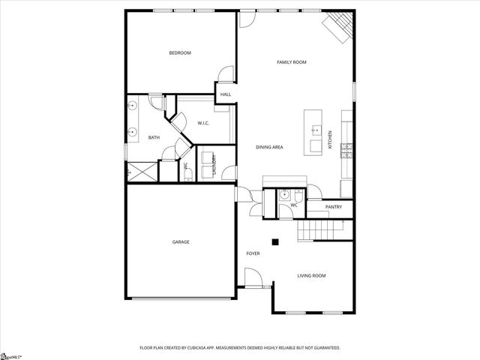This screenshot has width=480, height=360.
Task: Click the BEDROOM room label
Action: tap(180, 52)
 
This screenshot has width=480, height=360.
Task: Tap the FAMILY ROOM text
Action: tap(292, 62)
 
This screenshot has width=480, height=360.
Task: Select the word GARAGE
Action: tap(181, 242)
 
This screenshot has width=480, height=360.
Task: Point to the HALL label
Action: tap(225, 94)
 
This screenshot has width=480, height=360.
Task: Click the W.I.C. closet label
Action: tap(203, 123)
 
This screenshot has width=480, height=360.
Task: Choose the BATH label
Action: tap(154, 137)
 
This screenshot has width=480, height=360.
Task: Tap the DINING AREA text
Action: tap(269, 147)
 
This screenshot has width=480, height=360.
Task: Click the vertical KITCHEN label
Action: tap(330, 139)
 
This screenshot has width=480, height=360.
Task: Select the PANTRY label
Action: tap(334, 207)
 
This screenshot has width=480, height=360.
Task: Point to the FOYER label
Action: tap(253, 253)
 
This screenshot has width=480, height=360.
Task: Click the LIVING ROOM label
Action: tap(311, 276)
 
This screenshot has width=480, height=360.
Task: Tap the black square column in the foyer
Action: tap(275, 241)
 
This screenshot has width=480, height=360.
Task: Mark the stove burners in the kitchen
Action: tap(347, 151)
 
